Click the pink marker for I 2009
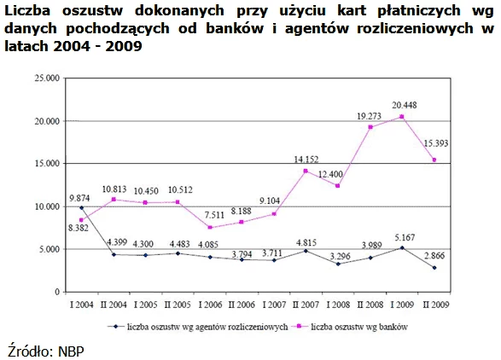tap(402, 117)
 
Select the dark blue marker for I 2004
tap(81, 207)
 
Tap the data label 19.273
tap(369, 116)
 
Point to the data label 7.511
tap(214, 215)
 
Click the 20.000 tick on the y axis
tap(47, 121)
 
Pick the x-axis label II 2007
tap(306, 305)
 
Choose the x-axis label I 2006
tap(210, 305)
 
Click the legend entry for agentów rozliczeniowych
tap(197, 327)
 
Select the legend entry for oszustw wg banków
tap(350, 327)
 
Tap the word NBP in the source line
tap(71, 351)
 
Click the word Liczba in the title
tap(27, 10)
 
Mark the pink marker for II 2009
tap(434, 160)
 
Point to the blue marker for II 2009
tap(434, 268)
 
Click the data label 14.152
tap(306, 159)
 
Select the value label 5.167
tap(405, 238)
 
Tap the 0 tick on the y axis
tap(57, 292)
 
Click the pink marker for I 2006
tap(210, 228)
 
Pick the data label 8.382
tap(79, 228)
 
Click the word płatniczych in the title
tap(419, 11)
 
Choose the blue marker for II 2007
tap(306, 251)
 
